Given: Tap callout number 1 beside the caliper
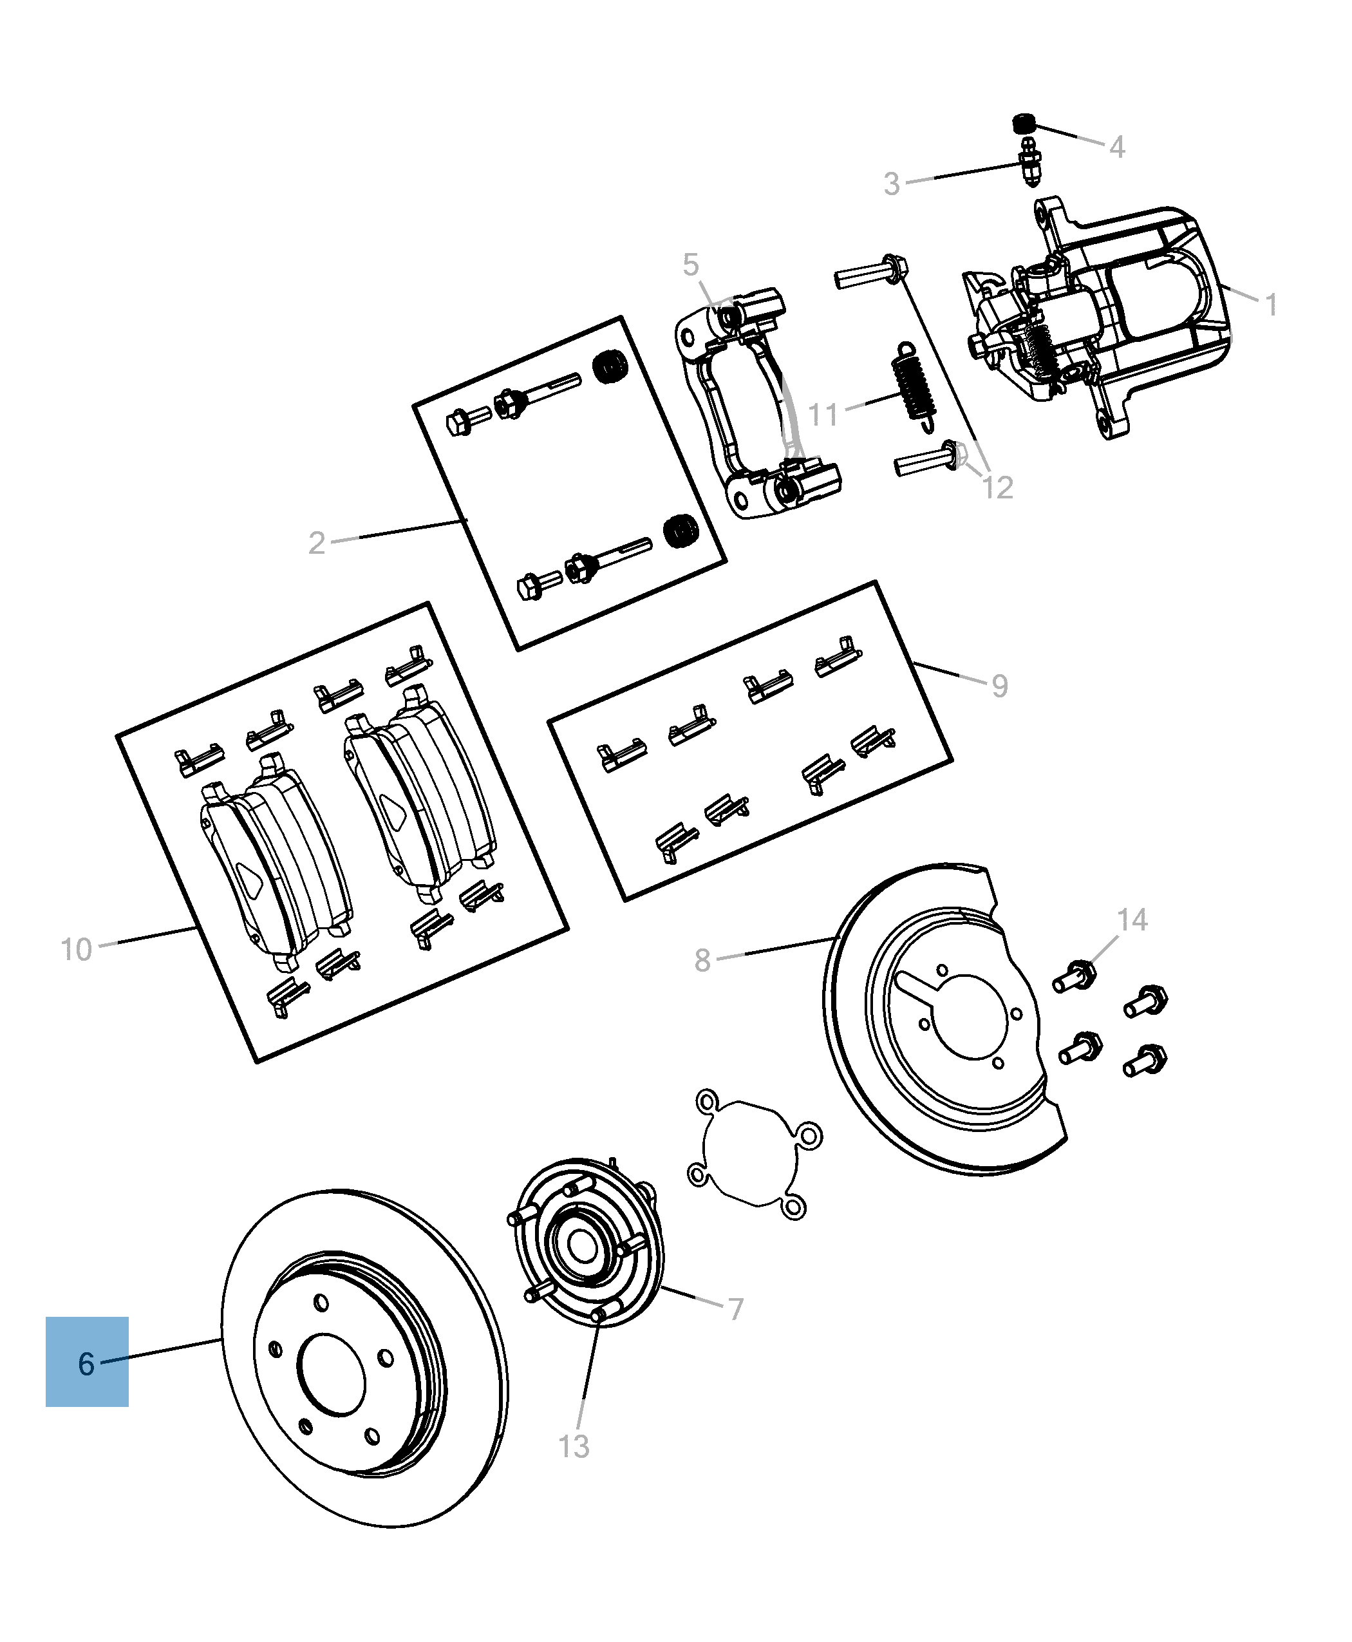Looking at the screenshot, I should coord(1271,305).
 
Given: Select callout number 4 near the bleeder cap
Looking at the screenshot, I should coord(1117,146).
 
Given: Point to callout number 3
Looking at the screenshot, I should coord(892,184).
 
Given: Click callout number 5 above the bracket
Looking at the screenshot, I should coord(690,265).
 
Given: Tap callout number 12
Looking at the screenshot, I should coord(998,488).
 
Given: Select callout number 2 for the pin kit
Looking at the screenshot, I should coord(316,543).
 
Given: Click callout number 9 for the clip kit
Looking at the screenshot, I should coord(1000,686).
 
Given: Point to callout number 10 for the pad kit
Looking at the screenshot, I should coord(77,950).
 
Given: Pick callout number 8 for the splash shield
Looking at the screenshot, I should coord(702,961).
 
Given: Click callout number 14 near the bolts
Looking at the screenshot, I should coord(1132,920).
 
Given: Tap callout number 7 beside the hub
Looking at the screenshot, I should coord(736,1309).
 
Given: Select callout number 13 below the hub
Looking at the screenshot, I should coord(574,1446).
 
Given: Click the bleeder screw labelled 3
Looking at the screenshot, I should coord(1029,164).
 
